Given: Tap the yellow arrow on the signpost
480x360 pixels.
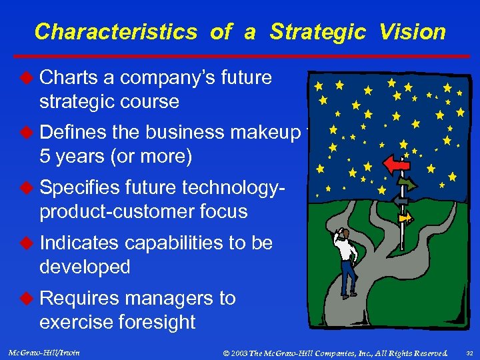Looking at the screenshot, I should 405,217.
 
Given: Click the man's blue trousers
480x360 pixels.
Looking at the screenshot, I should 347,279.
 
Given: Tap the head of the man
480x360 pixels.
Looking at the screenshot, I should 341,233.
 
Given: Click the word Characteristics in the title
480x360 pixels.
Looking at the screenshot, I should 115,31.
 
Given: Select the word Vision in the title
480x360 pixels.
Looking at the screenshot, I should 413,31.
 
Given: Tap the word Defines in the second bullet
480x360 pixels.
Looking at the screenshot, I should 74,133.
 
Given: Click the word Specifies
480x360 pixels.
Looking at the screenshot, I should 81,188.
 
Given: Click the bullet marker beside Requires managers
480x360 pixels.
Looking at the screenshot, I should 27,298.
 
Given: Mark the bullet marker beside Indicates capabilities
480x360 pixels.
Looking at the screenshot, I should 27,243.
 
